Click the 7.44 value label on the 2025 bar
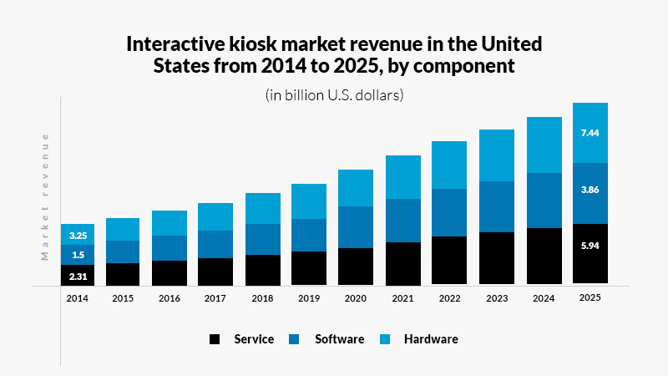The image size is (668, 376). (x=590, y=132)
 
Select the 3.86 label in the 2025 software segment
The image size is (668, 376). (x=590, y=190)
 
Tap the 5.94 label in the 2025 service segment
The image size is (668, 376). (x=590, y=247)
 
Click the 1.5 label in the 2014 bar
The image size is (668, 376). (x=78, y=255)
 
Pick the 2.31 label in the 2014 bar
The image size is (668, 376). (x=78, y=276)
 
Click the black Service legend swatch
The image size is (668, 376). (x=215, y=339)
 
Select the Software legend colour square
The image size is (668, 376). (x=295, y=339)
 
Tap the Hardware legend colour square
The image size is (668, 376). (x=384, y=339)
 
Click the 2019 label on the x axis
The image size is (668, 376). (x=308, y=297)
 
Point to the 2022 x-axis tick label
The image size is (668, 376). (x=448, y=297)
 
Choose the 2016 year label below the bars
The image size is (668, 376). (x=169, y=297)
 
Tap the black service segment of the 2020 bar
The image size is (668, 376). (x=355, y=267)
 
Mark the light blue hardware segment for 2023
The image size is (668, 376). (x=496, y=155)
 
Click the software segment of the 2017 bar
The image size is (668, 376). (x=215, y=244)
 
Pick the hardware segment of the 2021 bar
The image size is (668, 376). (x=402, y=177)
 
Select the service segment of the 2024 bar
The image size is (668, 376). (x=543, y=257)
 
